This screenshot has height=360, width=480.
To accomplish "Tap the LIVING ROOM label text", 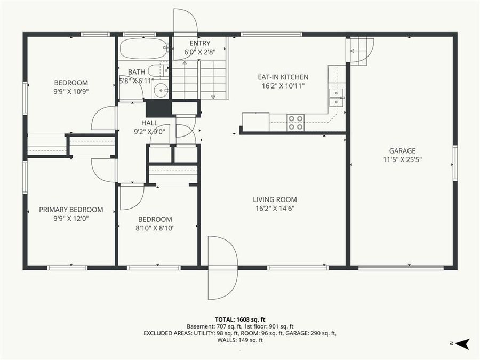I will [x=275, y=199].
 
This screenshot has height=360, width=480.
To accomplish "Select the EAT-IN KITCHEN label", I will [x=283, y=77].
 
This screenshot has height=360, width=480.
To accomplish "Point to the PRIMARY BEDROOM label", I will [x=71, y=210].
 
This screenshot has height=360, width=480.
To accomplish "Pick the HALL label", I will [x=149, y=123].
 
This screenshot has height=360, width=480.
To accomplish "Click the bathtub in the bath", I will [x=143, y=49].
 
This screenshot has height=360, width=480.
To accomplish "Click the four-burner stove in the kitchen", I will [x=295, y=122].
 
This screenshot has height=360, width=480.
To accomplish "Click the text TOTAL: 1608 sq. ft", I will [x=240, y=319].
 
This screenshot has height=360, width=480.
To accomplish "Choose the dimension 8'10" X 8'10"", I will [x=155, y=228].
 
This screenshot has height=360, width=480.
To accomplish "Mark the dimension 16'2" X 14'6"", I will [x=275, y=208].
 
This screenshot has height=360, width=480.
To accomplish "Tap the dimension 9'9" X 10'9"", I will [x=71, y=91].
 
